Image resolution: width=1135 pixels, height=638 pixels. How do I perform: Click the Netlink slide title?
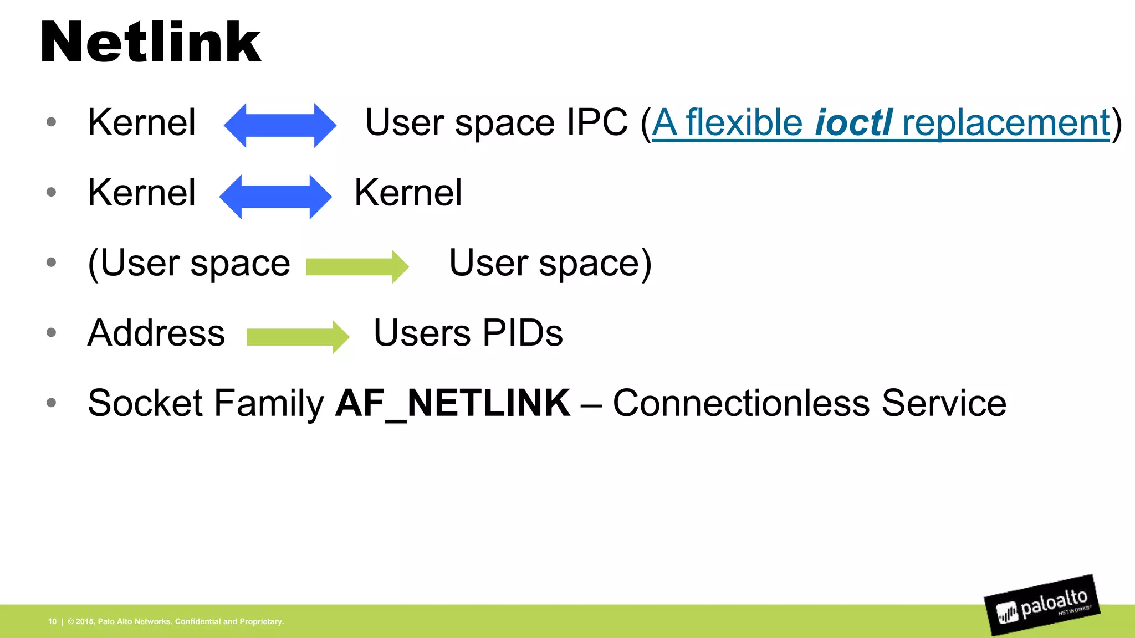[x=151, y=42]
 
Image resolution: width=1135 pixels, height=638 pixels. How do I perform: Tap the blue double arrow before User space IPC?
[x=280, y=125]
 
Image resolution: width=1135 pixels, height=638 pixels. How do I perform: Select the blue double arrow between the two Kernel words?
[x=275, y=197]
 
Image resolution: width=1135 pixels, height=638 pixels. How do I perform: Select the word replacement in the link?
[x=1006, y=122]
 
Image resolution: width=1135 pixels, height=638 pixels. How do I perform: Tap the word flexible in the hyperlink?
[x=744, y=122]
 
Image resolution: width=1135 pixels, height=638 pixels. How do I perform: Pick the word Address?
[x=156, y=333]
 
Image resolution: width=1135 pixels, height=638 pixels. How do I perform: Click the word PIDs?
[x=523, y=333]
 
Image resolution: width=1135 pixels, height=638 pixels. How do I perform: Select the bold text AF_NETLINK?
[x=453, y=403]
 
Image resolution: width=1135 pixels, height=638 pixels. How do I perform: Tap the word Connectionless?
[x=742, y=403]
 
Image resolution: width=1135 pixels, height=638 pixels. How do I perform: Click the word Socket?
[x=146, y=403]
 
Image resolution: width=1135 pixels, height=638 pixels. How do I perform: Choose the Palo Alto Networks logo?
[x=1042, y=605]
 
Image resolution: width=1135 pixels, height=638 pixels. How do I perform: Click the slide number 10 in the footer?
[x=52, y=621]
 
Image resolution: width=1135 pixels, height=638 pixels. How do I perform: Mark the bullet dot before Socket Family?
[x=52, y=403]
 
